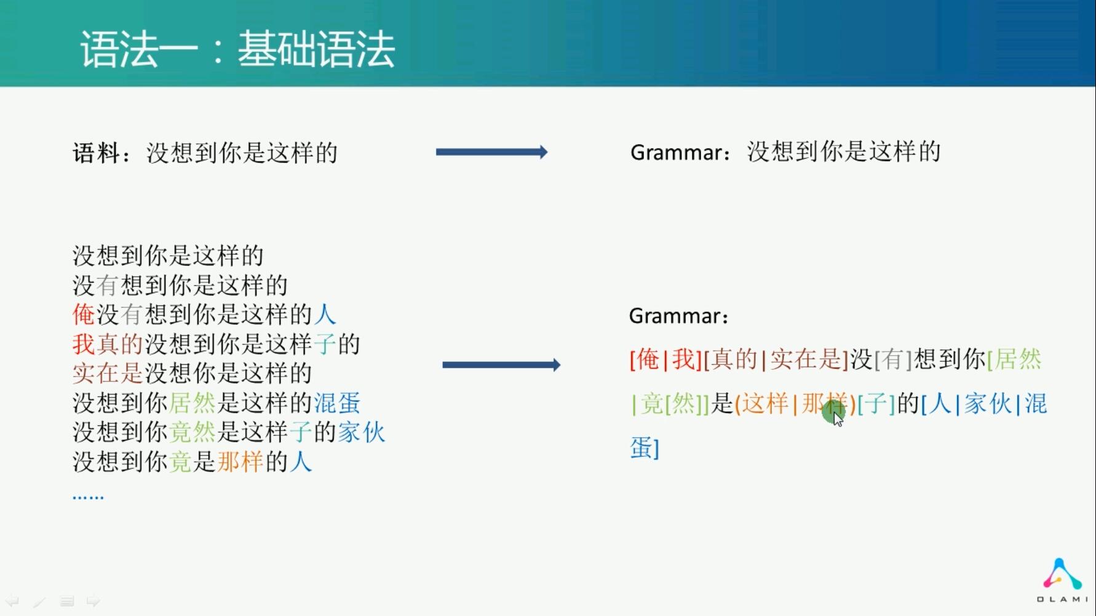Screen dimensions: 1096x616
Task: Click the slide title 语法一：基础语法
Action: tap(237, 49)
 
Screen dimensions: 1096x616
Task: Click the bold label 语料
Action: tap(96, 153)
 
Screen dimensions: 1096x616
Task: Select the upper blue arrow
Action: tap(491, 152)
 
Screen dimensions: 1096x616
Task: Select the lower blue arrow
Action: tap(501, 365)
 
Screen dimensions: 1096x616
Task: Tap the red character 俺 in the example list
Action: tap(84, 314)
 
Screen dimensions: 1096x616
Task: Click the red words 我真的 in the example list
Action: tap(108, 344)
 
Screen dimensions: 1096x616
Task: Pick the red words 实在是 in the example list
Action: tap(108, 374)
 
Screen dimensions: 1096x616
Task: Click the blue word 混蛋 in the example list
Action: tap(337, 403)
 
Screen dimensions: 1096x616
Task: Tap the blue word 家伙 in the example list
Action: tap(362, 432)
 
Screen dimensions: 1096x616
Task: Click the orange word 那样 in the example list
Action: tap(240, 462)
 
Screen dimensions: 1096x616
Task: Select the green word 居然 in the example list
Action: tap(193, 403)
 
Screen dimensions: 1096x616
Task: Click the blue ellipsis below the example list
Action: tap(88, 496)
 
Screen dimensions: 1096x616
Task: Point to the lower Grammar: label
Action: tap(679, 316)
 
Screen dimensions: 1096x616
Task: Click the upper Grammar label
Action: tap(676, 152)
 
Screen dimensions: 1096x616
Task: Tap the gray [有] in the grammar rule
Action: tap(894, 359)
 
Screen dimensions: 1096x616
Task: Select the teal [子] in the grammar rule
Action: tap(876, 404)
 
